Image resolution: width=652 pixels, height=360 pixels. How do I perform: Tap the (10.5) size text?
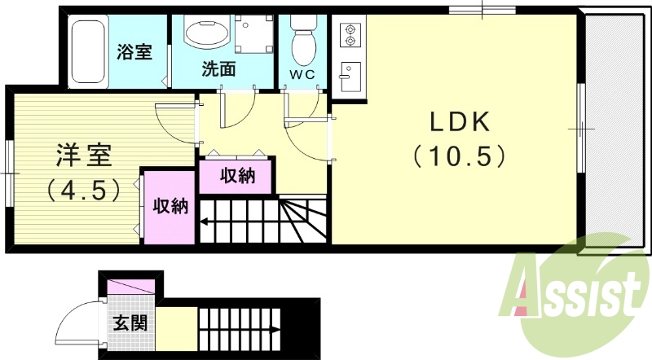pos(459,154)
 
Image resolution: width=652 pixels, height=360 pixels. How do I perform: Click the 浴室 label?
pos(134,53)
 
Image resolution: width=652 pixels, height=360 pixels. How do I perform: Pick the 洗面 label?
pos(218,69)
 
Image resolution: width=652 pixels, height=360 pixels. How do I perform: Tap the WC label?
pos(303,74)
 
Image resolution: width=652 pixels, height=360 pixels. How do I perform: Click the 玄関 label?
pos(130,323)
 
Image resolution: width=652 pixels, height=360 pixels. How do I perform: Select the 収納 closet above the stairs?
pos(237,175)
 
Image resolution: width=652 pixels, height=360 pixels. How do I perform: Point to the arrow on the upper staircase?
pos(208,220)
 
